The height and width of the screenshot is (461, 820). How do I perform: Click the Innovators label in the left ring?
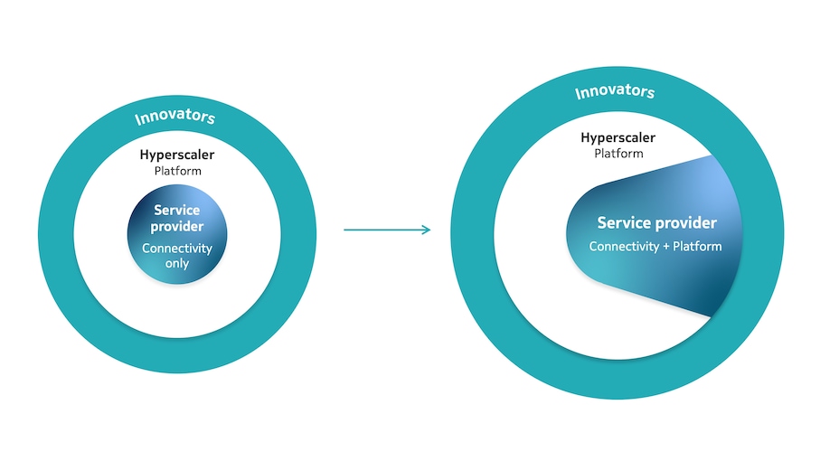pos(175,118)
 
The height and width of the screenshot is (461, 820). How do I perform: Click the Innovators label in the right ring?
pos(614,91)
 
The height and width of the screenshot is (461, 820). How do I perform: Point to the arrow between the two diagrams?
pos(386,230)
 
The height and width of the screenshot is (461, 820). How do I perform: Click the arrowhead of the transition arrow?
pos(425,230)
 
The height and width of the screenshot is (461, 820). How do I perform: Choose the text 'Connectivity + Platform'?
pos(655,246)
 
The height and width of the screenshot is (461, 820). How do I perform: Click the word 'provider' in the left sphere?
pos(177,227)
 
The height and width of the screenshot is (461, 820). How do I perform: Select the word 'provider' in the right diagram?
pos(687,223)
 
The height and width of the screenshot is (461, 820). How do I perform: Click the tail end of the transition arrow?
pos(345,230)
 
